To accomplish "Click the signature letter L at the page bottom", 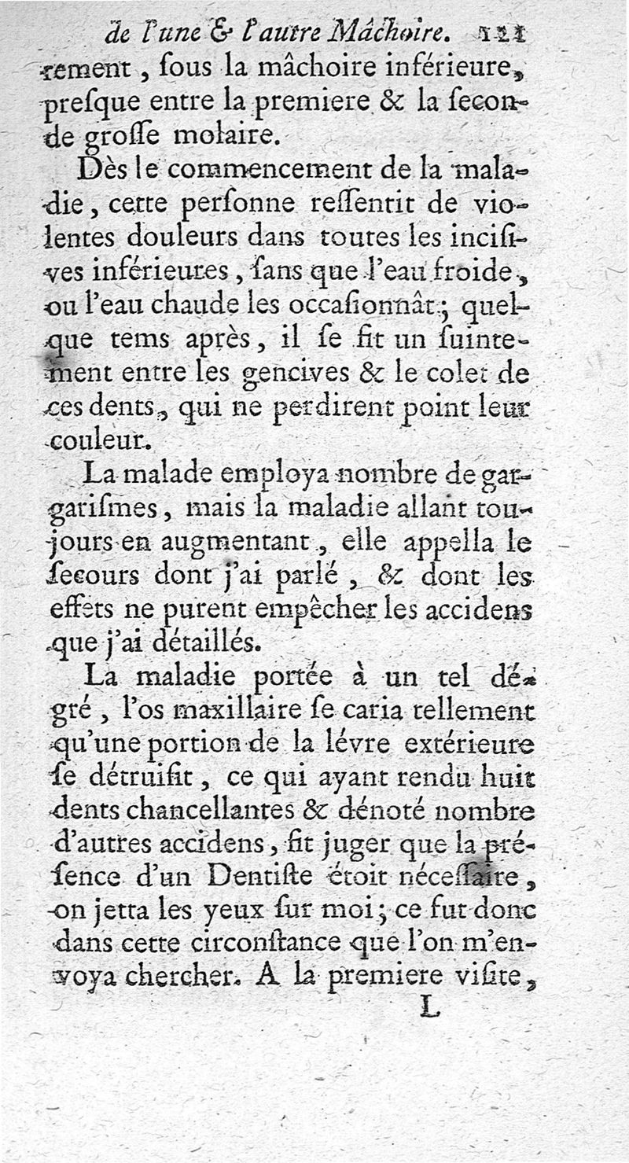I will coord(428,1007).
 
